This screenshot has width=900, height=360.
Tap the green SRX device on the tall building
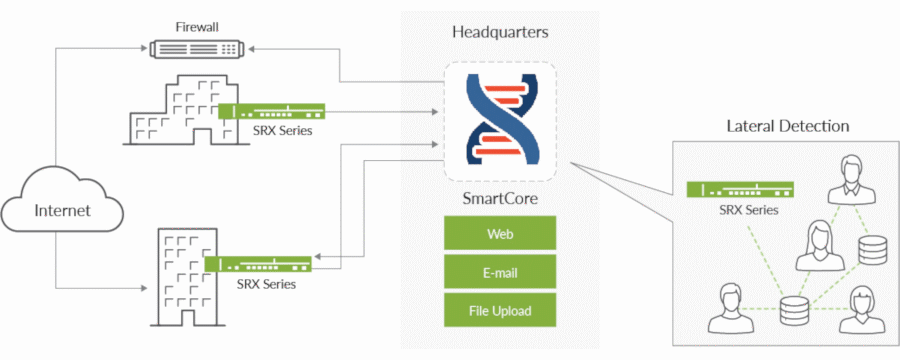click(258, 264)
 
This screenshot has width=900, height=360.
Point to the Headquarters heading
click(499, 33)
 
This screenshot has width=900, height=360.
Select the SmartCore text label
click(499, 199)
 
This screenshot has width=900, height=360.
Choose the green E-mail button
click(499, 272)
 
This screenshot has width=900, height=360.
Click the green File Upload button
click(499, 310)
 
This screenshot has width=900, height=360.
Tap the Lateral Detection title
click(787, 126)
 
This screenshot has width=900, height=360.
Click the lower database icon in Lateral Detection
click(794, 310)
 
